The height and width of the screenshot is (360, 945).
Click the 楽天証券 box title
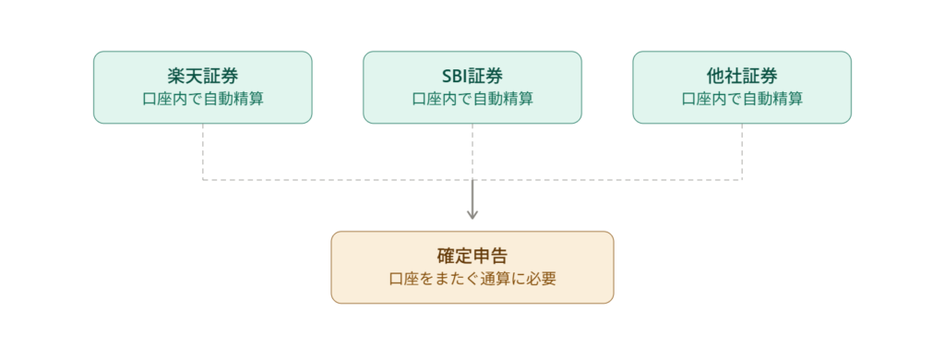(202, 76)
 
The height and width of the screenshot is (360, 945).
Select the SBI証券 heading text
(472, 76)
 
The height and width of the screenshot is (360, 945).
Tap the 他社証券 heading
(742, 76)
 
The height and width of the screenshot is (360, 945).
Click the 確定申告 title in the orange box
(472, 256)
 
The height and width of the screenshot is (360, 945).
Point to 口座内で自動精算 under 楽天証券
(202, 99)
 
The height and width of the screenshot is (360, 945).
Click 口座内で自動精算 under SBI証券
(472, 99)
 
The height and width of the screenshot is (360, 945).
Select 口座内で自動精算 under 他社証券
(742, 99)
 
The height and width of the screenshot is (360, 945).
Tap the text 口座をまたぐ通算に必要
(472, 279)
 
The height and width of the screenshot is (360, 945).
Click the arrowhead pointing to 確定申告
(472, 214)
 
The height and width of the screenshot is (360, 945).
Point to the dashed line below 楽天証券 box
(202, 151)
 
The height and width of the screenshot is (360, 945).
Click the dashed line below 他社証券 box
(742, 151)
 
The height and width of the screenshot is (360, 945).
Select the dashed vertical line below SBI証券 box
(472, 151)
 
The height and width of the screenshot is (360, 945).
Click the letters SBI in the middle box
(455, 77)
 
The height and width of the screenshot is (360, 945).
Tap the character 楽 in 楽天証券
(176, 76)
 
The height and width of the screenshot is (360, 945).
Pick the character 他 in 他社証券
(715, 76)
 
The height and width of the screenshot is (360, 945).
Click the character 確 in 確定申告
(446, 256)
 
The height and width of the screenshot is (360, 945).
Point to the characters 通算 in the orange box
(494, 279)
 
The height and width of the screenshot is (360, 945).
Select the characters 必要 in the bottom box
(541, 279)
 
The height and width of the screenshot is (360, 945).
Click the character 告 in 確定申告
(499, 256)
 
